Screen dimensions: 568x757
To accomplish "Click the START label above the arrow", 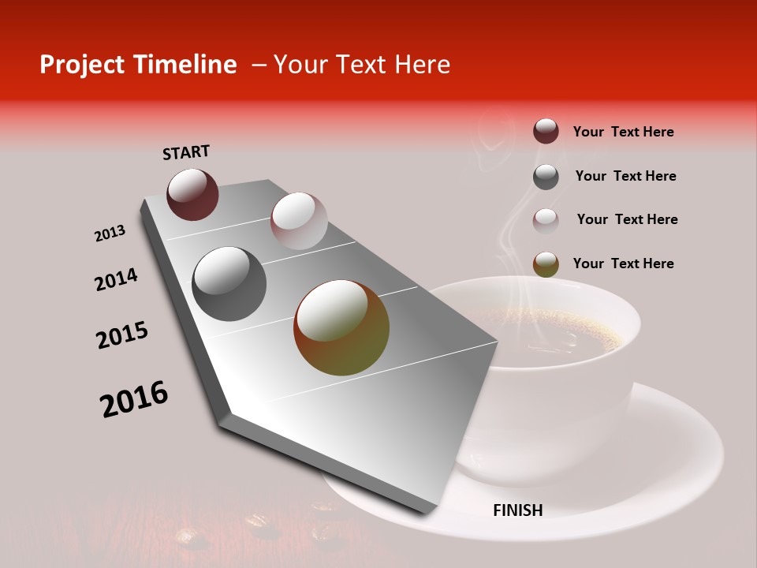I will point(186,151).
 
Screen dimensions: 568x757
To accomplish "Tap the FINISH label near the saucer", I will point(517,510).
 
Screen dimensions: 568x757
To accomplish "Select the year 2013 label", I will point(110,234).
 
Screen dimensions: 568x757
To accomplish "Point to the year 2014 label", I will point(116,280).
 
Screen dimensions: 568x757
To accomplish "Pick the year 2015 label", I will point(122,335).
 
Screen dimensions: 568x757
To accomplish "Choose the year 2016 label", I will point(134,399).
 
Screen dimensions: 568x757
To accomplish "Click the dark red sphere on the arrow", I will point(192,194).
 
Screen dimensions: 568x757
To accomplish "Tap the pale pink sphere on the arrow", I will point(299,221).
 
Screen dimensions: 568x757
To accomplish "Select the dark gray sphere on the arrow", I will point(229,284).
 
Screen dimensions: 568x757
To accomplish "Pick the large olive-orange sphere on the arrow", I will point(341,327).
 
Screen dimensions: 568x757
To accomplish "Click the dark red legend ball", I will point(546,131).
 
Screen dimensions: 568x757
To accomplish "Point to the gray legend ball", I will point(546,177).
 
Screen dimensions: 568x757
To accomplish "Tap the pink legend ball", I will point(546,221).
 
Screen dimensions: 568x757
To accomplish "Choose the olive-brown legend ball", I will point(546,264).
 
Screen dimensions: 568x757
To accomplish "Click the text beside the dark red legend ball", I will point(623,132).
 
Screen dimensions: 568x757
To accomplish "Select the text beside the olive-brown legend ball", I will point(623,263).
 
